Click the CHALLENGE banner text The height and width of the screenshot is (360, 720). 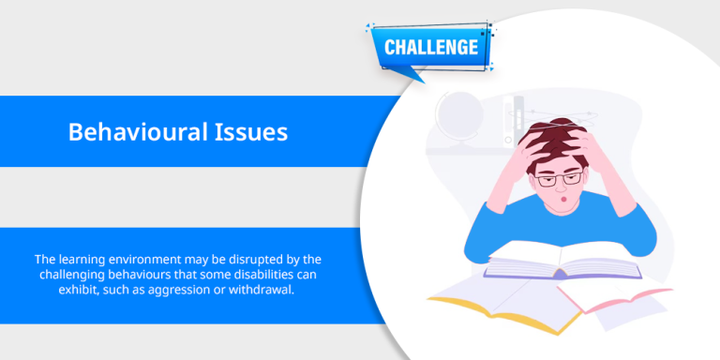(x=430, y=47)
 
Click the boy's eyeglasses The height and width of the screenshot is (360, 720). (x=560, y=179)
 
